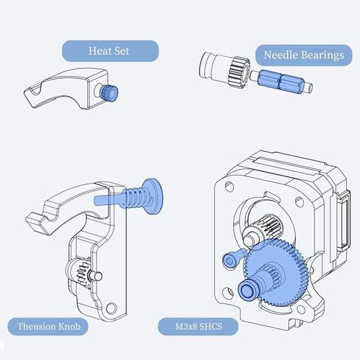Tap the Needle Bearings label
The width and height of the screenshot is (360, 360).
click(x=304, y=55)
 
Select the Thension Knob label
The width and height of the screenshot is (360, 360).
click(x=48, y=327)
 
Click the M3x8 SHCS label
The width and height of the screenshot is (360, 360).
click(x=198, y=327)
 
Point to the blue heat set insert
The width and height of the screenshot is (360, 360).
click(x=109, y=93)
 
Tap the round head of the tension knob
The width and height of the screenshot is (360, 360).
click(x=153, y=196)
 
